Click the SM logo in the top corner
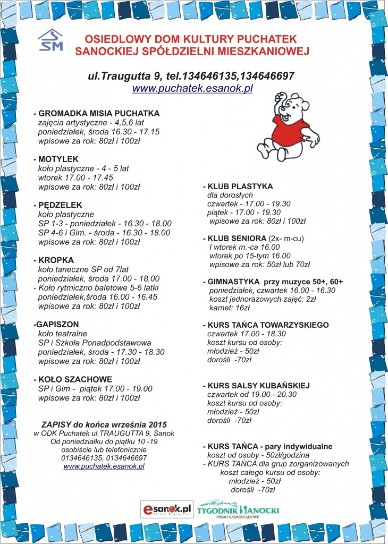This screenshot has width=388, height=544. [x=50, y=40]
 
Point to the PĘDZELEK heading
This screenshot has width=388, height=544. [x=60, y=205]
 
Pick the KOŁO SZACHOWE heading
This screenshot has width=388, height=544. [x=75, y=379]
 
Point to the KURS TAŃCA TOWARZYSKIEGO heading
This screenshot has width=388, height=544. [x=268, y=325]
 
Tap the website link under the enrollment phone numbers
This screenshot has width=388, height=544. [x=104, y=466]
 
